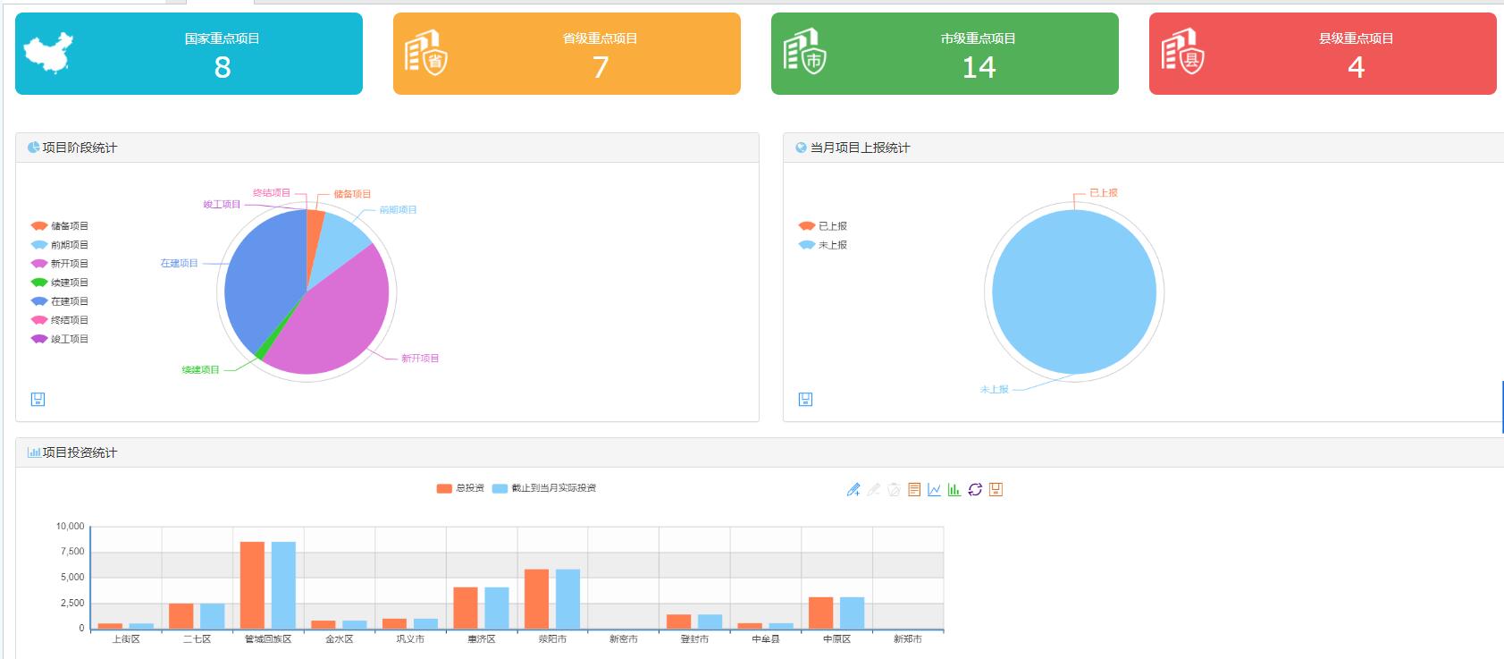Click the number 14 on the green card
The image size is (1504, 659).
pyautogui.click(x=979, y=67)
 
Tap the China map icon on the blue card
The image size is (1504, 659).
pyautogui.click(x=48, y=53)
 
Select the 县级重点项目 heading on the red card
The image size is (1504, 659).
pyautogui.click(x=1356, y=38)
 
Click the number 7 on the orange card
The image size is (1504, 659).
pyautogui.click(x=601, y=67)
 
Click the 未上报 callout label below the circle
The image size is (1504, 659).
pyautogui.click(x=994, y=390)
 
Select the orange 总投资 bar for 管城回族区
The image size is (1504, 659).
pyautogui.click(x=252, y=585)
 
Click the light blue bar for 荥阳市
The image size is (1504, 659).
pyautogui.click(x=567, y=598)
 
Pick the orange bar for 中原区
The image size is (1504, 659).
pyautogui.click(x=820, y=613)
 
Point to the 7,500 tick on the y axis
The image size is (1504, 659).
pyautogui.click(x=72, y=552)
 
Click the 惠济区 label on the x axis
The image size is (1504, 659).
pyautogui.click(x=481, y=639)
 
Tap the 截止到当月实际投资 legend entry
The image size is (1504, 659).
pyautogui.click(x=544, y=488)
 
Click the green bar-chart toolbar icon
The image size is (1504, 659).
pyautogui.click(x=954, y=489)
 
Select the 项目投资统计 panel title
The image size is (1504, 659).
pyautogui.click(x=80, y=452)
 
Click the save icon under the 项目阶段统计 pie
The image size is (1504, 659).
pyautogui.click(x=38, y=399)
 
